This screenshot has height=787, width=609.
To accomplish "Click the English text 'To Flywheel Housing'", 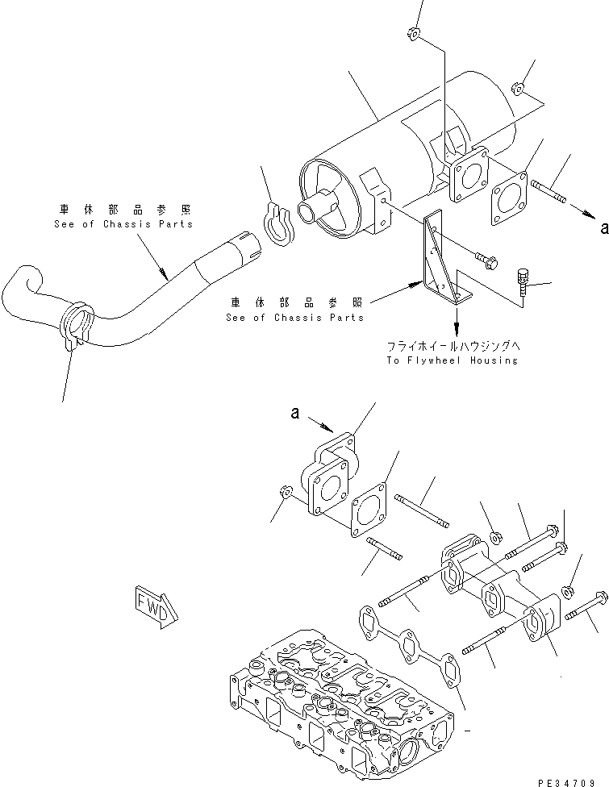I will pos(451,360).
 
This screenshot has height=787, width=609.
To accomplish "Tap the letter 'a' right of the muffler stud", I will pos(602,229).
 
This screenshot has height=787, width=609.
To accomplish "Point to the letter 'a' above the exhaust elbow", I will pos(295,414).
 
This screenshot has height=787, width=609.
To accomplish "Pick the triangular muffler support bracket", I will pos(439,259).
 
